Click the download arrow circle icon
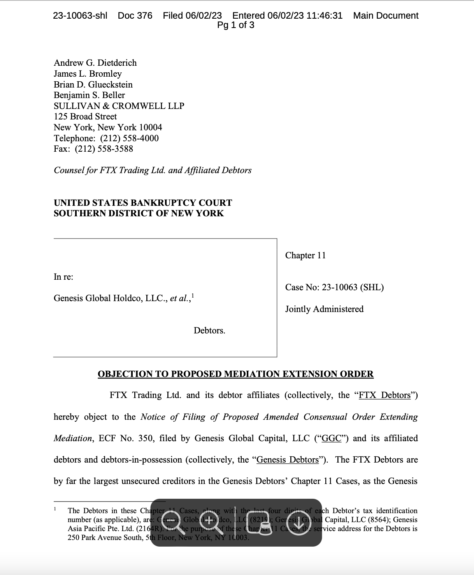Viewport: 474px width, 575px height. [298, 522]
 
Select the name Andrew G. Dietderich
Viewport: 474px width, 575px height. [95, 63]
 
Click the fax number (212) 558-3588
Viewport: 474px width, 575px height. [104, 149]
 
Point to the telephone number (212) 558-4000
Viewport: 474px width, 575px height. [129, 138]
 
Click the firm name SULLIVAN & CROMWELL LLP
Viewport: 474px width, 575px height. [119, 106]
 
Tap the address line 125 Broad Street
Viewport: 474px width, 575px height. [85, 117]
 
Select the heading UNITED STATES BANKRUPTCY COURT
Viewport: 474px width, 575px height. [142, 203]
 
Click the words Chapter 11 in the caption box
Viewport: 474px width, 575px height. [305, 256]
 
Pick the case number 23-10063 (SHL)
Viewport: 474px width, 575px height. [353, 287]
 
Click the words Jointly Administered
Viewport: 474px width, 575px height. [324, 309]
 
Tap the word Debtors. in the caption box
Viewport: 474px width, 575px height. [209, 331]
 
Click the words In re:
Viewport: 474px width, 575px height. [63, 277]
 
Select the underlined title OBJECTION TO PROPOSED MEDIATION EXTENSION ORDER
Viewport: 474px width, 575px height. [235, 374]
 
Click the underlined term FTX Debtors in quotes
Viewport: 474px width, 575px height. [384, 395]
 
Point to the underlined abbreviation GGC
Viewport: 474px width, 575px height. [332, 438]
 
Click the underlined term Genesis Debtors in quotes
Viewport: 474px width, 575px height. [288, 460]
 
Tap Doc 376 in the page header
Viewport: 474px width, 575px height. [135, 16]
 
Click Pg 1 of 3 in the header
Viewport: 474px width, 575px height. [235, 25]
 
